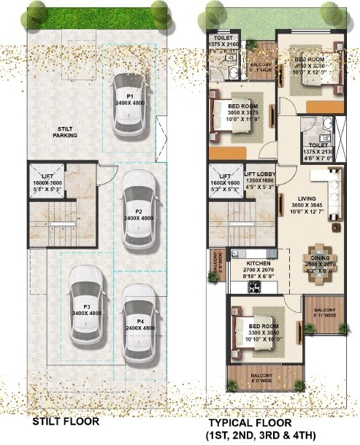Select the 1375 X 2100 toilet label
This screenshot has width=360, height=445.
223,42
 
